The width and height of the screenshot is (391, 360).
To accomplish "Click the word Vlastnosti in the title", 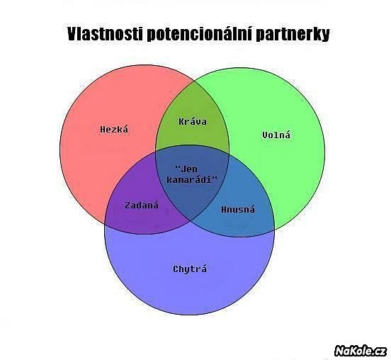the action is tap(105, 34).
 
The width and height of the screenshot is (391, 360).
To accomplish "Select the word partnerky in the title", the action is tap(293, 35).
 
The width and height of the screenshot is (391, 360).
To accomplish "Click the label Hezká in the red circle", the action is tap(114, 129).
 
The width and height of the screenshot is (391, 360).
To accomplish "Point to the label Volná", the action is tap(276, 135).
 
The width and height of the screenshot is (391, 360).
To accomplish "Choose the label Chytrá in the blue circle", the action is tap(190, 269).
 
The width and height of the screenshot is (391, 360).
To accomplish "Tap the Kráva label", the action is tap(193, 121).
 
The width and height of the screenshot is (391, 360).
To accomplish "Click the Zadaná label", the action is tap(142, 206).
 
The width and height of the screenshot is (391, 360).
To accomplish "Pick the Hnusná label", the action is tap(238, 209).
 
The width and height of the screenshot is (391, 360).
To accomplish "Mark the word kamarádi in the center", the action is tap(190, 179).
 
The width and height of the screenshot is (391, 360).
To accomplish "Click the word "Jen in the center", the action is tap(186, 169).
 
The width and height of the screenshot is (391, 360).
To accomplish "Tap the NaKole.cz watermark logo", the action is tap(361, 351).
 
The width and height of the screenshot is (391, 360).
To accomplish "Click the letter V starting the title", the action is tap(72, 34).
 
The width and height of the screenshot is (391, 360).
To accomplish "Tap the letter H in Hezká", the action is tap(103, 129).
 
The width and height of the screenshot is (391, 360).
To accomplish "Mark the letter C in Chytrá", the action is tap(176, 269).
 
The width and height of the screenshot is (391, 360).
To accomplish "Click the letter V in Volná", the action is tap(265, 135).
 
